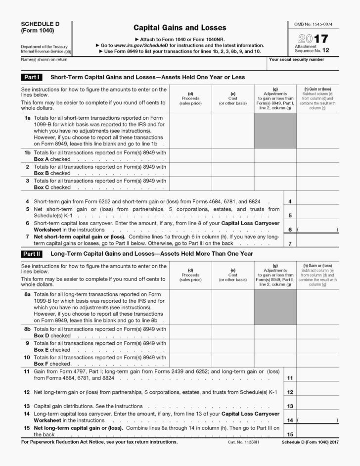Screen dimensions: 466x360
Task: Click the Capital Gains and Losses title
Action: pyautogui.click(x=180, y=28)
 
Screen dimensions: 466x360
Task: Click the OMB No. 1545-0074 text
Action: pyautogui.click(x=313, y=25)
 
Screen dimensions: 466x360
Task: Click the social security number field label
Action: pyautogui.click(x=297, y=60)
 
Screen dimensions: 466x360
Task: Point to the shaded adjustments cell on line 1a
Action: pyautogui.click(x=275, y=130)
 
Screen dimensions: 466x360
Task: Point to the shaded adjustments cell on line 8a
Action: pyautogui.click(x=275, y=307)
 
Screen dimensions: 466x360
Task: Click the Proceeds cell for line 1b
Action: pyautogui.click(x=190, y=155)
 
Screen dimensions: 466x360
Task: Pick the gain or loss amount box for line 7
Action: pyautogui.click(x=318, y=241)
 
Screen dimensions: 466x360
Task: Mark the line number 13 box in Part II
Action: pyautogui.click(x=290, y=406)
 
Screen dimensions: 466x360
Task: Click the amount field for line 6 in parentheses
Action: pyautogui.click(x=318, y=230)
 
